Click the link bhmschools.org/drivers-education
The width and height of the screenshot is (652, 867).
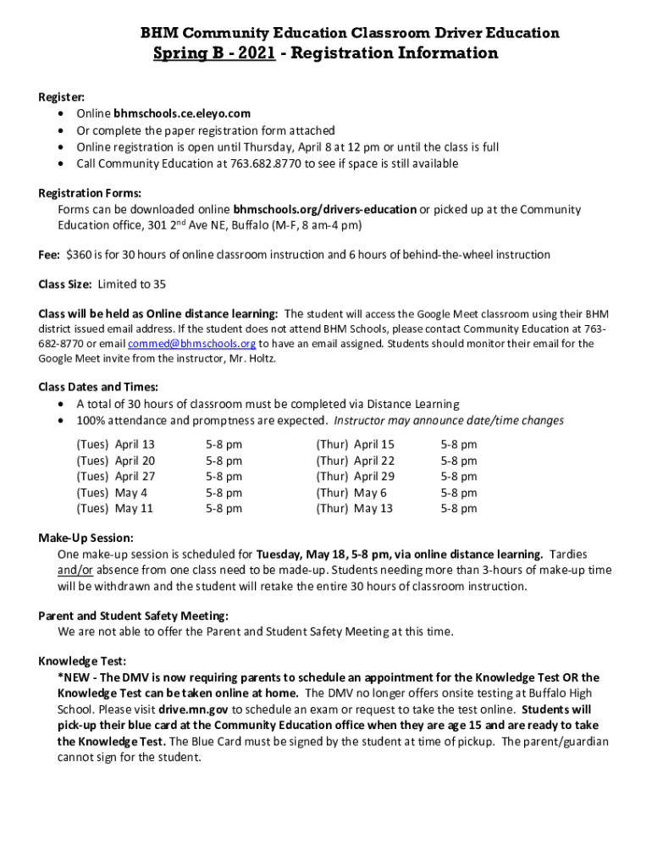point(324,209)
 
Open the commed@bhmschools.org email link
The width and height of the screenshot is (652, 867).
point(191,344)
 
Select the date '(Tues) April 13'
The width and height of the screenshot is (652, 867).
point(115,445)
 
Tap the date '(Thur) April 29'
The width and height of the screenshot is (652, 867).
point(355,477)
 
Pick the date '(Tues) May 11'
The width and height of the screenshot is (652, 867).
point(114,509)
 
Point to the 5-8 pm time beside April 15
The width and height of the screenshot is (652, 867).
point(459,445)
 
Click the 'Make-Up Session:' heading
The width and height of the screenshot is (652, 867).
point(86,538)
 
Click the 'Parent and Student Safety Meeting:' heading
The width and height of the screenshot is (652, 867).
point(134,616)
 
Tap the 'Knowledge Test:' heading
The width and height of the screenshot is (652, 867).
point(82,661)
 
